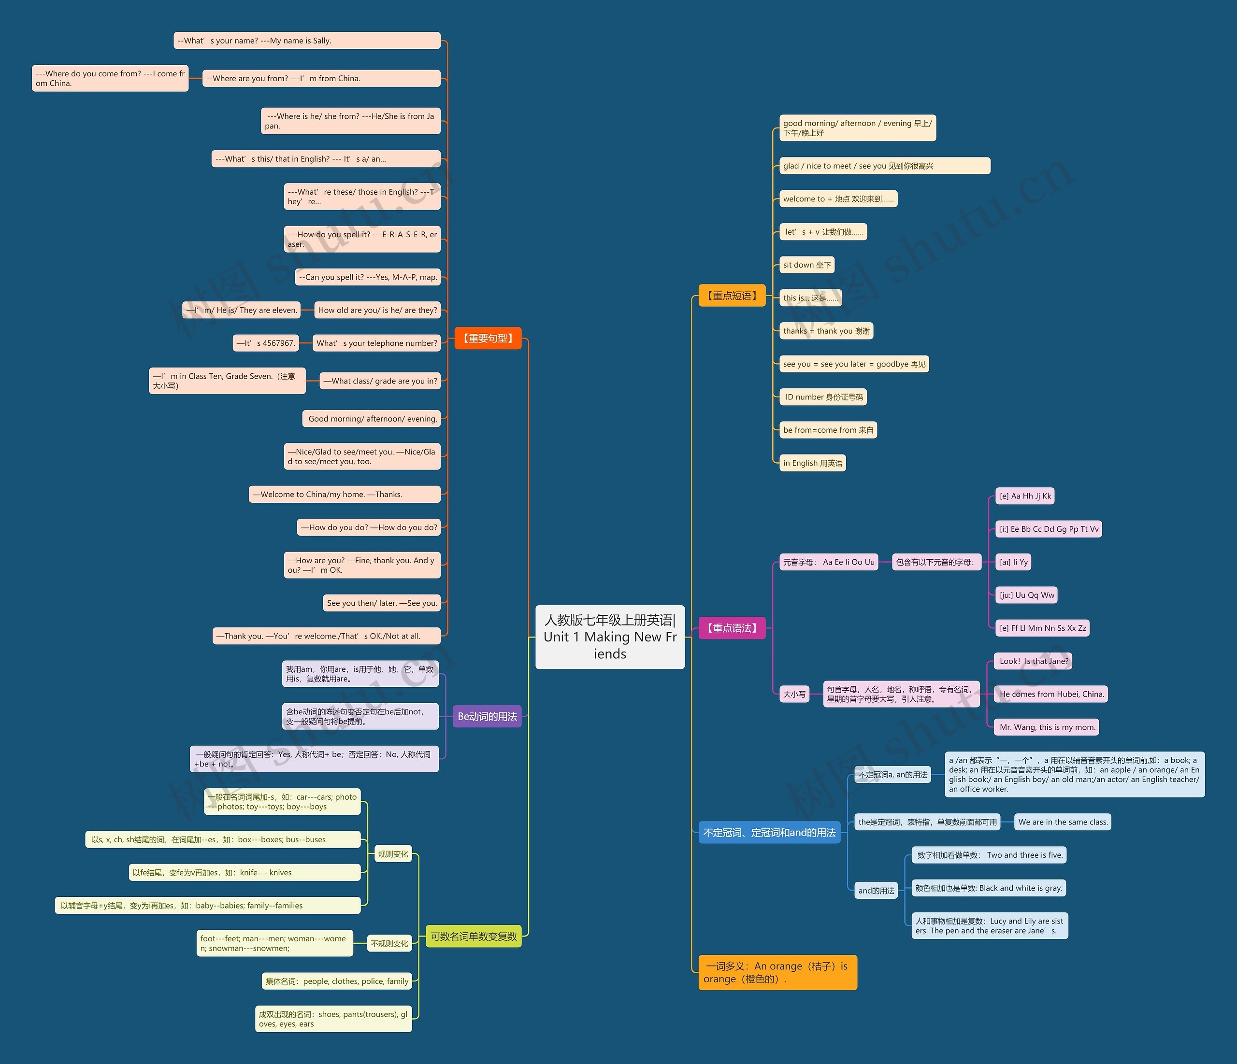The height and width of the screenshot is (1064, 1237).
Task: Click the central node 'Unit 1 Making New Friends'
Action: [x=609, y=637]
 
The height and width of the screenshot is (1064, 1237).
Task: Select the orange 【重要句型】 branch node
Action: [x=488, y=339]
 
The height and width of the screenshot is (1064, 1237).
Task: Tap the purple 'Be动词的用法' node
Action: [x=487, y=716]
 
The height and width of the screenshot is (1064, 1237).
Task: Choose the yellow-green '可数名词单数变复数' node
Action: [x=474, y=936]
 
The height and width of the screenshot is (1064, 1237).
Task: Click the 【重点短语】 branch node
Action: [x=732, y=296]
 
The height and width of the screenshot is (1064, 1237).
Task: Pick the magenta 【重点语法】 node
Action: [x=732, y=628]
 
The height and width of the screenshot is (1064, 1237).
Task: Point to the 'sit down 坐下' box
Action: [x=807, y=265]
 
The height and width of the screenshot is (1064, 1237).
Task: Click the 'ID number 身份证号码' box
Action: [x=823, y=397]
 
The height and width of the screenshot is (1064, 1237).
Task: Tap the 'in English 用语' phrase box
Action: [x=813, y=463]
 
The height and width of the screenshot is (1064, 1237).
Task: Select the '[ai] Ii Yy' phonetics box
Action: [x=1014, y=562]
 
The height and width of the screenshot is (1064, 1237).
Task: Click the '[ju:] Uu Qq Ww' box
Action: [x=1027, y=595]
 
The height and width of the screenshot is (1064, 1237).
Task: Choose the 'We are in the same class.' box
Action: [x=1063, y=822]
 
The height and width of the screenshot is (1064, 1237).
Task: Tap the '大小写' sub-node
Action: [x=794, y=694]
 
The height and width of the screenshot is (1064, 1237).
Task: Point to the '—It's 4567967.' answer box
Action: [x=265, y=343]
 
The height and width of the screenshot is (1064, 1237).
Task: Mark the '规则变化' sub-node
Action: [x=393, y=854]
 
